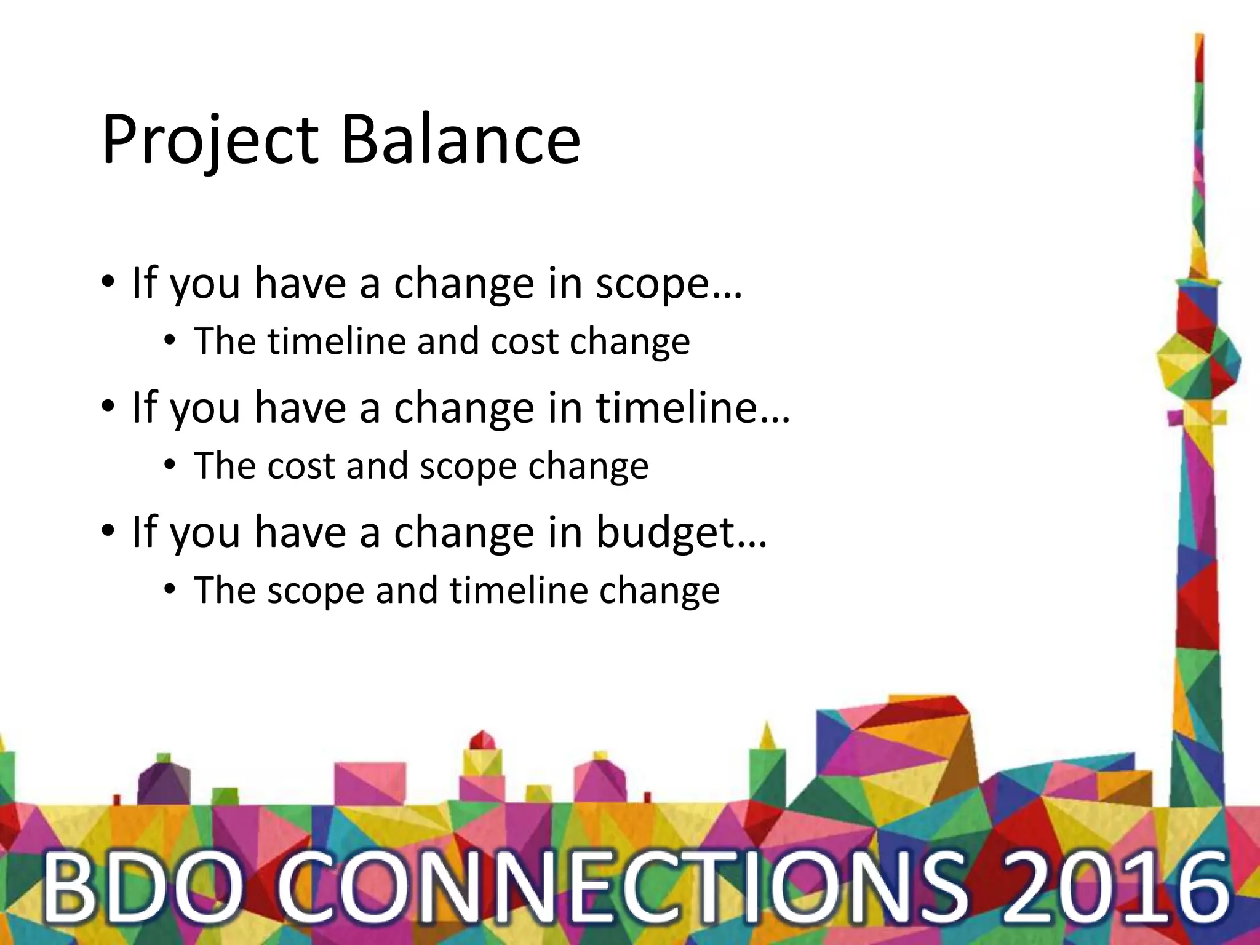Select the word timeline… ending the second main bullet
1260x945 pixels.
pyautogui.click(x=693, y=408)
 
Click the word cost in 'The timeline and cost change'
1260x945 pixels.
pyautogui.click(x=525, y=341)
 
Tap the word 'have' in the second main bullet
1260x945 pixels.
pyautogui.click(x=300, y=408)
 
